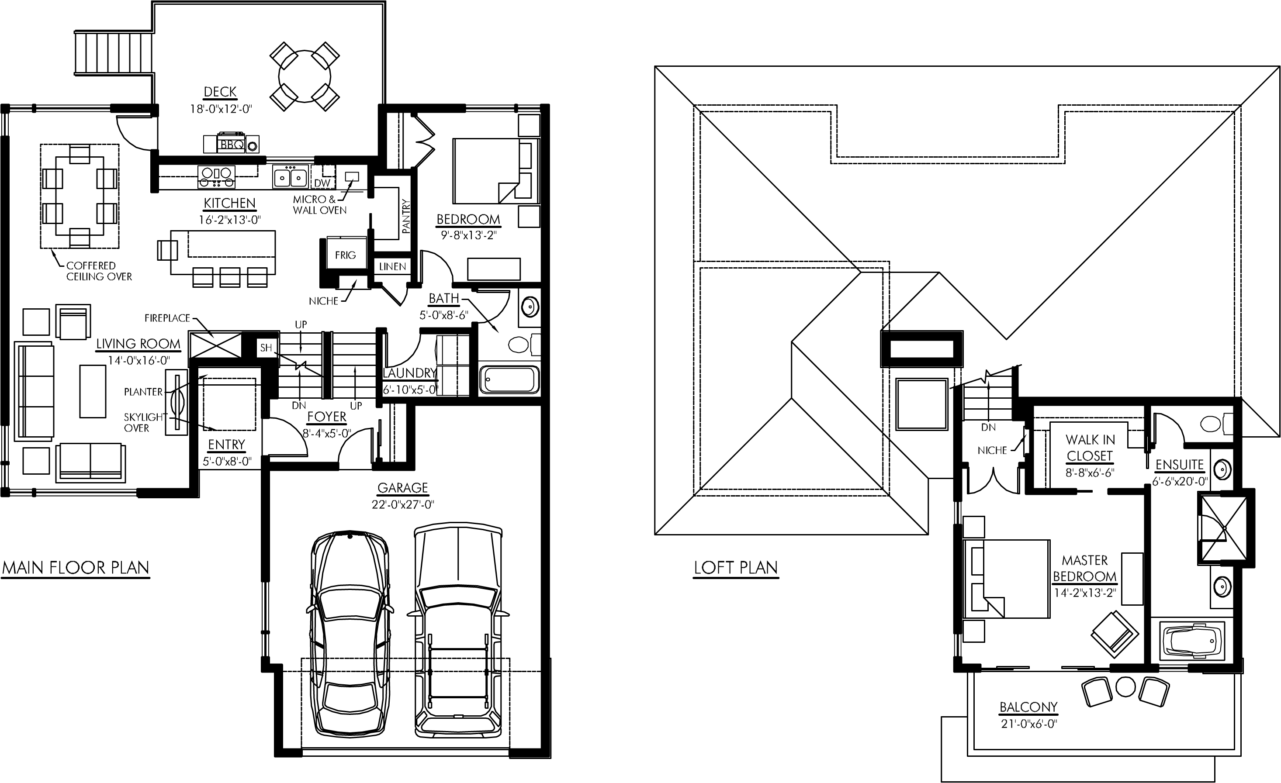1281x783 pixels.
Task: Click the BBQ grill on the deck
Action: point(231,143)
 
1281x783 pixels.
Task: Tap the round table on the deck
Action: point(305,76)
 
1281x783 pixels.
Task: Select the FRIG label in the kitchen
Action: point(345,255)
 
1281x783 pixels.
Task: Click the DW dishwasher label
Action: point(322,183)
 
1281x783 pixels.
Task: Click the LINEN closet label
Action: point(392,266)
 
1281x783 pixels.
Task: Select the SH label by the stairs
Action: point(266,348)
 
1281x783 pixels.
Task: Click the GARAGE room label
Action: point(403,488)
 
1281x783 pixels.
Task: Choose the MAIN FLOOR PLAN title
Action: point(76,567)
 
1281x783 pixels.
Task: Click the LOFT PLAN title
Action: point(736,567)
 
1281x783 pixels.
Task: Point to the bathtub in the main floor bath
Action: point(509,380)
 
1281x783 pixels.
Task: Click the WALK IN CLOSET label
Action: point(1090,448)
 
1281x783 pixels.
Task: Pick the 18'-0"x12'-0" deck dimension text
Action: point(221,109)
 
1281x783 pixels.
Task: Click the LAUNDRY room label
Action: point(410,373)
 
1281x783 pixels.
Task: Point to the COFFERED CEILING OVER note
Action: point(99,271)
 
